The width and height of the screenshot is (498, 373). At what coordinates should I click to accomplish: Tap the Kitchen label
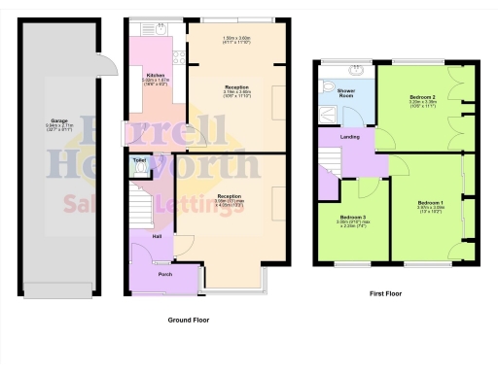(154, 75)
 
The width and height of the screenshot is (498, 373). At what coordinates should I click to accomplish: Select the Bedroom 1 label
(430, 201)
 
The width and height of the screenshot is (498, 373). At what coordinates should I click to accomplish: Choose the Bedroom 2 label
(422, 98)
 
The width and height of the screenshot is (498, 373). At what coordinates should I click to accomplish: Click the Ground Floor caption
(189, 320)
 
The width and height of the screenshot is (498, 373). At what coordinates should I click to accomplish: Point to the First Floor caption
(387, 292)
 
